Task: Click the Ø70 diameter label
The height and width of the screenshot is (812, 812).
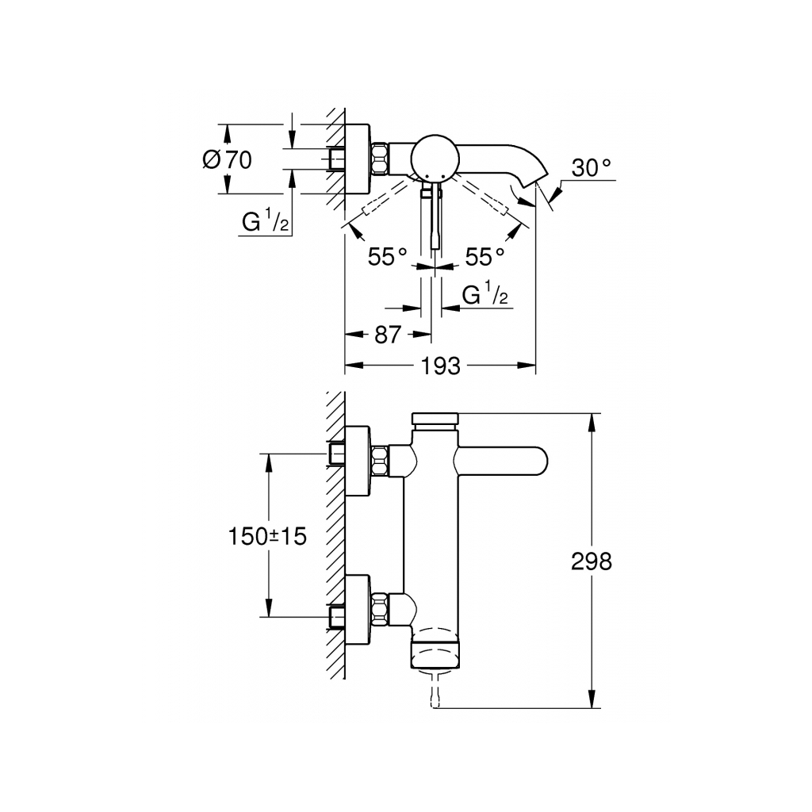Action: coord(227,159)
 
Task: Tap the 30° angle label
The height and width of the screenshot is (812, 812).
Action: coord(592,168)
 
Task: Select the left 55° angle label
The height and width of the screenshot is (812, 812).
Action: coord(387,256)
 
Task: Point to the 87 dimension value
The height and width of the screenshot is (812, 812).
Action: coord(387,335)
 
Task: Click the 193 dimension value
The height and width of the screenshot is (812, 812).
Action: coord(442,366)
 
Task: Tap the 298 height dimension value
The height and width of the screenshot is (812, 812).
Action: coord(592,561)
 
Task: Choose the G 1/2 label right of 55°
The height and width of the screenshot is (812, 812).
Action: coord(485,296)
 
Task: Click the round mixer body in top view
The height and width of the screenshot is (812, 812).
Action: coord(432,156)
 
